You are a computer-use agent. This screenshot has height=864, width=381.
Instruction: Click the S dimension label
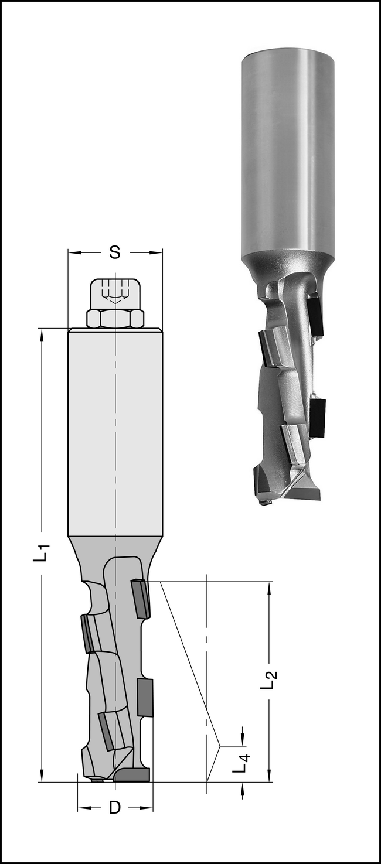(114, 252)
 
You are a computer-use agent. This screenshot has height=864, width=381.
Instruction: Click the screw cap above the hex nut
(115, 294)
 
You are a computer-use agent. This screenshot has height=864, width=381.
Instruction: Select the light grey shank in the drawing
(115, 432)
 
